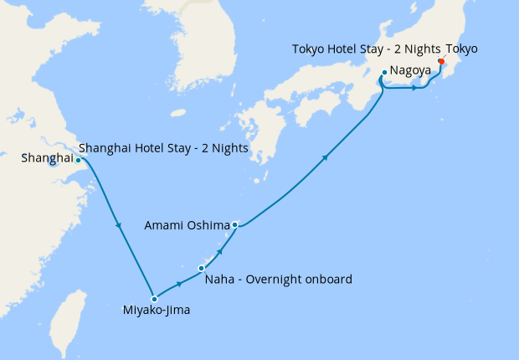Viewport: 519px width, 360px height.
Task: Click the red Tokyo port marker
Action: pyautogui.click(x=441, y=60)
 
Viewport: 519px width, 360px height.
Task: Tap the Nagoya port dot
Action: pyautogui.click(x=383, y=73)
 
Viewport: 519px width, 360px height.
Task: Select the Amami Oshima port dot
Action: pyautogui.click(x=235, y=224)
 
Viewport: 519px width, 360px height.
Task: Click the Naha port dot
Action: pyautogui.click(x=201, y=268)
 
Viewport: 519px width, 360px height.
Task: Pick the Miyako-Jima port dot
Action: pyautogui.click(x=154, y=299)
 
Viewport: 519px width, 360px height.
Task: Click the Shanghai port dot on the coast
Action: pyautogui.click(x=78, y=160)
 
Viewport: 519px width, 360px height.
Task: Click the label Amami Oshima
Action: pyautogui.click(x=187, y=225)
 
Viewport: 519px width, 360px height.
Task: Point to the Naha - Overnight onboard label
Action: pyautogui.click(x=278, y=280)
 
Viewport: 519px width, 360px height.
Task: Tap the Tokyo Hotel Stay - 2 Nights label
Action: pyautogui.click(x=366, y=49)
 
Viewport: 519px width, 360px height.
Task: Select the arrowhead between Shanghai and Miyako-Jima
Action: pyautogui.click(x=116, y=222)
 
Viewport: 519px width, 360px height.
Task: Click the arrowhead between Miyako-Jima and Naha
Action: pyautogui.click(x=179, y=284)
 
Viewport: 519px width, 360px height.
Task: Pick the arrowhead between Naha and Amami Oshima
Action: pyautogui.click(x=220, y=249)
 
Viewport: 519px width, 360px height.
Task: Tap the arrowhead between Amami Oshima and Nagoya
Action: pyautogui.click(x=325, y=156)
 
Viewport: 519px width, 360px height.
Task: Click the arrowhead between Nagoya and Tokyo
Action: pyautogui.click(x=414, y=88)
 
